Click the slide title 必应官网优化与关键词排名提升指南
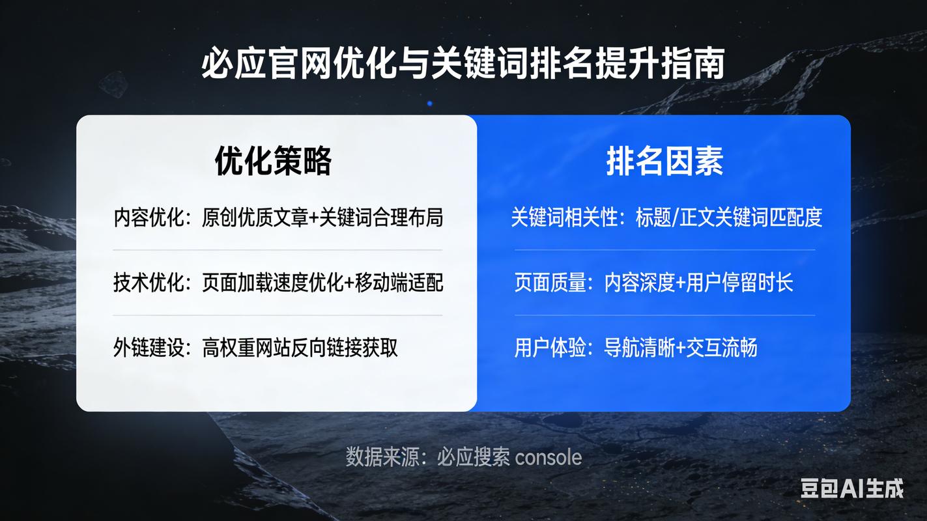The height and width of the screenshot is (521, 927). tap(463, 63)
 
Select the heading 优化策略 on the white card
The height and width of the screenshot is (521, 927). tap(273, 161)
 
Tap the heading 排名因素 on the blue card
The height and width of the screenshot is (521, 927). tap(664, 161)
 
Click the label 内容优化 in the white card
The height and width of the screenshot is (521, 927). tap(149, 218)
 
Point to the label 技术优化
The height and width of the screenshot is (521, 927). tap(149, 283)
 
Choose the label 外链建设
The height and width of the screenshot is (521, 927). tap(149, 348)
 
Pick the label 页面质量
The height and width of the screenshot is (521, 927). tap(550, 283)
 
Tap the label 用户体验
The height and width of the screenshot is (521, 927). tap(550, 348)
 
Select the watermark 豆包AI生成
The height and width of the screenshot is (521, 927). tap(852, 488)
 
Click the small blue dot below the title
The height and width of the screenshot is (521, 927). tap(429, 104)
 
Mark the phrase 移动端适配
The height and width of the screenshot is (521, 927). tap(399, 283)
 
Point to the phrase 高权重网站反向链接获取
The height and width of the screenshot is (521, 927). tap(300, 348)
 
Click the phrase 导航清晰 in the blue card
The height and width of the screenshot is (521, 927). tap(639, 348)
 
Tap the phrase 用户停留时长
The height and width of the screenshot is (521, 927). tap(739, 283)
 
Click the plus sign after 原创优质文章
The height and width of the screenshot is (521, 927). tap(314, 218)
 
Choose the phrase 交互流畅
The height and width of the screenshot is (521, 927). tap(722, 348)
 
